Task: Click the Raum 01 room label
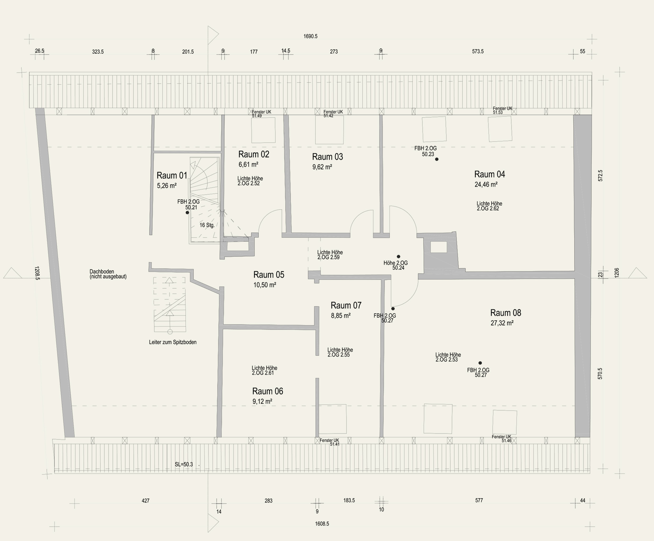pyautogui.click(x=172, y=175)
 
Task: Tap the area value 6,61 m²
pyautogui.click(x=248, y=164)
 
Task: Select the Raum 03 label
pyautogui.click(x=327, y=157)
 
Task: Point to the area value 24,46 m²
pyautogui.click(x=486, y=185)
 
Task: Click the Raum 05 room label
pyautogui.click(x=269, y=274)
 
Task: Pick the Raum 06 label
pyautogui.click(x=267, y=391)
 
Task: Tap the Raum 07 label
pyautogui.click(x=346, y=305)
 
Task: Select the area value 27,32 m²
pyautogui.click(x=502, y=323)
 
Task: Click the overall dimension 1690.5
pyautogui.click(x=310, y=36)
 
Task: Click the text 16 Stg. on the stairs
pyautogui.click(x=207, y=225)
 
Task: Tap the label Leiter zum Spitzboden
pyautogui.click(x=173, y=342)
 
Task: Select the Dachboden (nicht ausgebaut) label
pyautogui.click(x=108, y=274)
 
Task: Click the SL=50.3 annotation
pyautogui.click(x=184, y=464)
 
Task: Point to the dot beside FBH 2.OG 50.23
pyautogui.click(x=437, y=159)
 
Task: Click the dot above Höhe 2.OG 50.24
pyautogui.click(x=398, y=257)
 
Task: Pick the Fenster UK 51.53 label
pyautogui.click(x=502, y=110)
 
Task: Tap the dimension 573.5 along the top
pyautogui.click(x=478, y=51)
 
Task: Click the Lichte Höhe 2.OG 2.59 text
pyautogui.click(x=330, y=255)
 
